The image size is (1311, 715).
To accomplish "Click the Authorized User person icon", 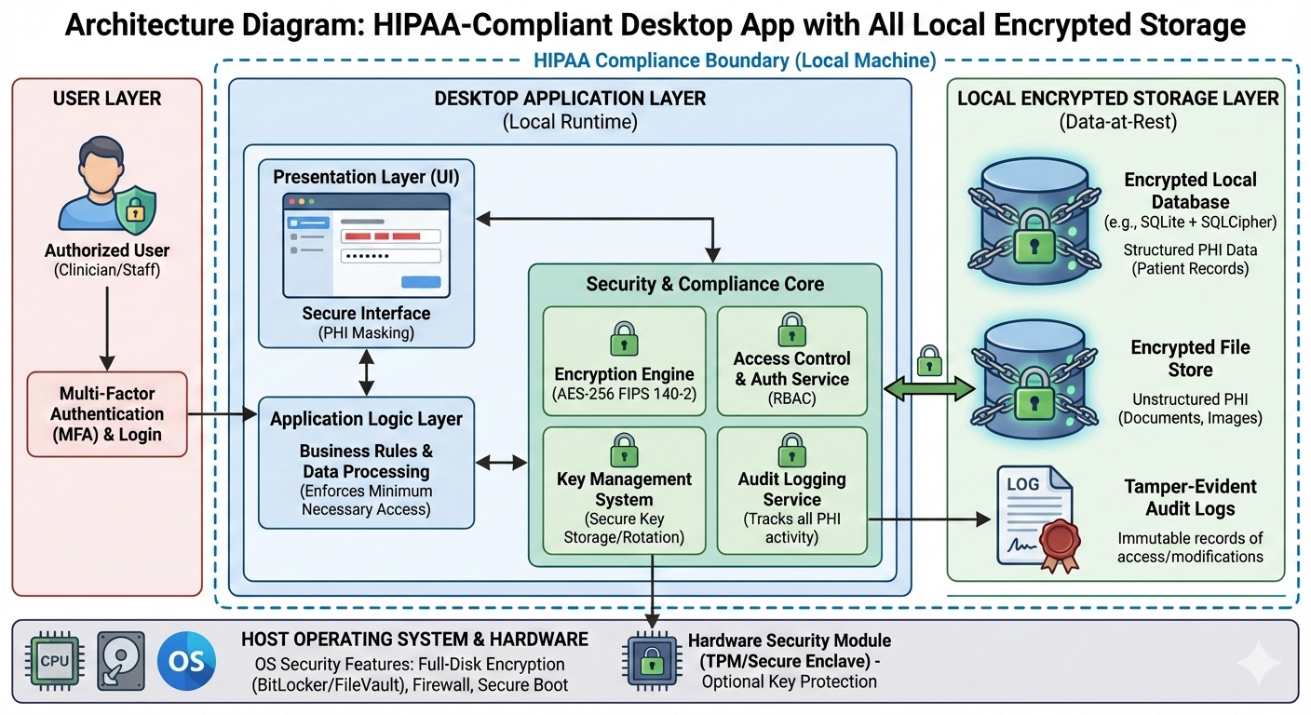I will [x=105, y=184].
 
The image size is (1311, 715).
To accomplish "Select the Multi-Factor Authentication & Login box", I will [x=106, y=413].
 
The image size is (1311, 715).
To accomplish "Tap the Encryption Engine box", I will [x=624, y=360].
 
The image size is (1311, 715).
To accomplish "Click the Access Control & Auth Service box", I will [x=791, y=360].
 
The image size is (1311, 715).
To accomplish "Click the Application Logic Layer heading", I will [x=366, y=419].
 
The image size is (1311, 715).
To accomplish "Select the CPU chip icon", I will [x=56, y=661].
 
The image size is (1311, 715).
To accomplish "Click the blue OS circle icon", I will [x=186, y=661].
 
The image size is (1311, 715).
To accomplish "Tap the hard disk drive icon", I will [x=121, y=661].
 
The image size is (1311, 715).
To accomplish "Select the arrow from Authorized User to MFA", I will [x=106, y=326].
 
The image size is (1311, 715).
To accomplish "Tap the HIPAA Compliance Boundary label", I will [x=735, y=61].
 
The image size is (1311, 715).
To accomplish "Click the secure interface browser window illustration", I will [x=367, y=244].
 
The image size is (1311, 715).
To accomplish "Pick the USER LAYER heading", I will [x=106, y=99].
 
